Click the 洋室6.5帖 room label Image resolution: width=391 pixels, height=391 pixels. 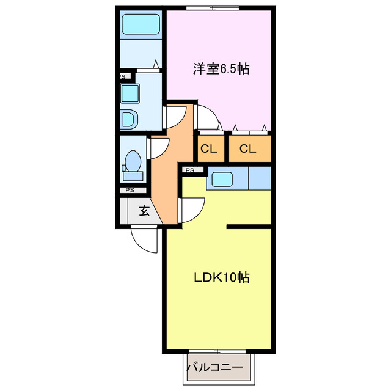[221, 69]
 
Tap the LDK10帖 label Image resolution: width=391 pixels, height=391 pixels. [221, 277]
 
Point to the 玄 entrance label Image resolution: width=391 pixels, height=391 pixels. [145, 211]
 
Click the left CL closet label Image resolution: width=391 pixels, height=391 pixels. [209, 148]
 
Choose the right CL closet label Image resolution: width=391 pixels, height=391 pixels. [247, 148]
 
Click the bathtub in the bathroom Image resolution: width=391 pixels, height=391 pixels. [141, 25]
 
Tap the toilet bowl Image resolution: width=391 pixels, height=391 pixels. [133, 163]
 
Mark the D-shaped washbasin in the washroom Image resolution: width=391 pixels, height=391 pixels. [130, 119]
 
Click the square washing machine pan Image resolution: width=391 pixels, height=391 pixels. [130, 93]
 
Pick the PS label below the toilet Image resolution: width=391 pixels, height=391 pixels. [129, 190]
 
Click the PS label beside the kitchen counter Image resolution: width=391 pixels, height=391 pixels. [189, 170]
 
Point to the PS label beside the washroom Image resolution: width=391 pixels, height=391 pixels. [122, 77]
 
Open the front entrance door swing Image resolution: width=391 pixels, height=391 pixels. [145, 240]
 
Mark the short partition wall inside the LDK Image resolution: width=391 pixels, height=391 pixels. [249, 227]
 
